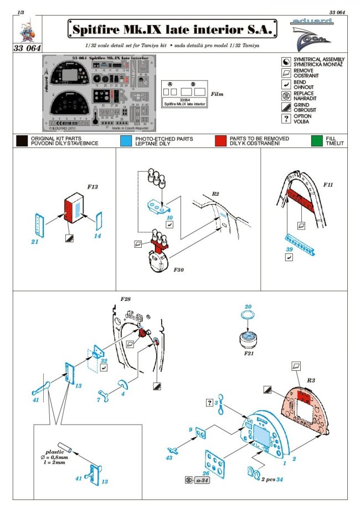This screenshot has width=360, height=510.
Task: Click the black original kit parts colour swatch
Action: coord(22,141)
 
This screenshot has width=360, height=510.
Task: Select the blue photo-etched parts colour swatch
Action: coord(126,141)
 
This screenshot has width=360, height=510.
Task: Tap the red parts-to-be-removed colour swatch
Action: coord(222,141)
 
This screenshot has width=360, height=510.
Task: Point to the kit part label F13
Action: coord(92,187)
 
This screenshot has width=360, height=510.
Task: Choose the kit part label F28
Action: coord(125,300)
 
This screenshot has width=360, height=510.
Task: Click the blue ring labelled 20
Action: coord(249,315)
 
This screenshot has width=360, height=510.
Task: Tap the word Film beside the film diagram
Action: coord(220,94)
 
